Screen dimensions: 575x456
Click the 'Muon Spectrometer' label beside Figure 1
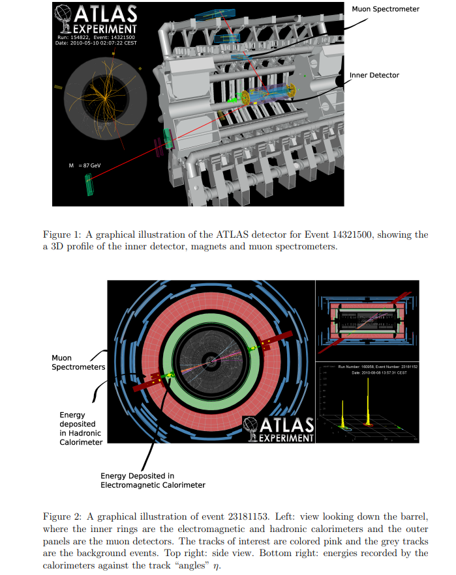pyautogui.click(x=385, y=9)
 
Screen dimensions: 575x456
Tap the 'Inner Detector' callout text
pyautogui.click(x=374, y=75)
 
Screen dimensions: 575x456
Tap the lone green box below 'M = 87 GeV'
pyautogui.click(x=88, y=185)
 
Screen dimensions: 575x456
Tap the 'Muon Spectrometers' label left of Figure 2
pyautogui.click(x=78, y=363)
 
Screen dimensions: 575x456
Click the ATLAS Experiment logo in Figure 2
pyautogui.click(x=279, y=430)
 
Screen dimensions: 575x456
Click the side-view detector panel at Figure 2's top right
pyautogui.click(x=367, y=320)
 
